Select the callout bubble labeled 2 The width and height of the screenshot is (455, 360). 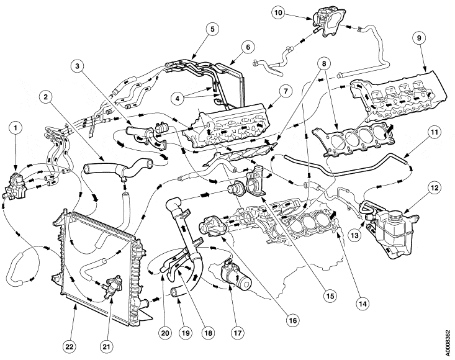pos(47,98)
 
